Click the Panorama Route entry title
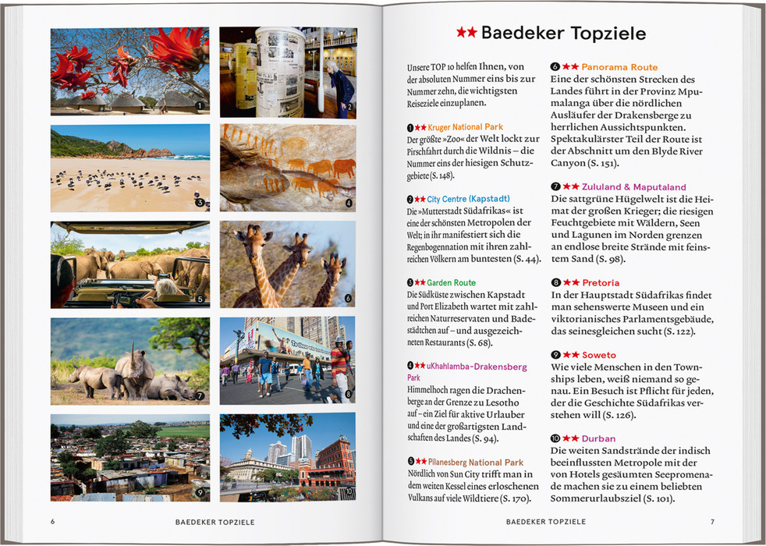pyautogui.click(x=619, y=68)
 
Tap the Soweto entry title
pyautogui.click(x=598, y=355)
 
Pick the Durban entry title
pyautogui.click(x=598, y=439)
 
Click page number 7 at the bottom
pyautogui.click(x=712, y=522)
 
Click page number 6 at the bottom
pyautogui.click(x=52, y=522)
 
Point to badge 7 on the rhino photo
pyautogui.click(x=200, y=396)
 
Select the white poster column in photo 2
pyautogui.click(x=278, y=70)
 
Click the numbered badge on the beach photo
pyautogui.click(x=200, y=203)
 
